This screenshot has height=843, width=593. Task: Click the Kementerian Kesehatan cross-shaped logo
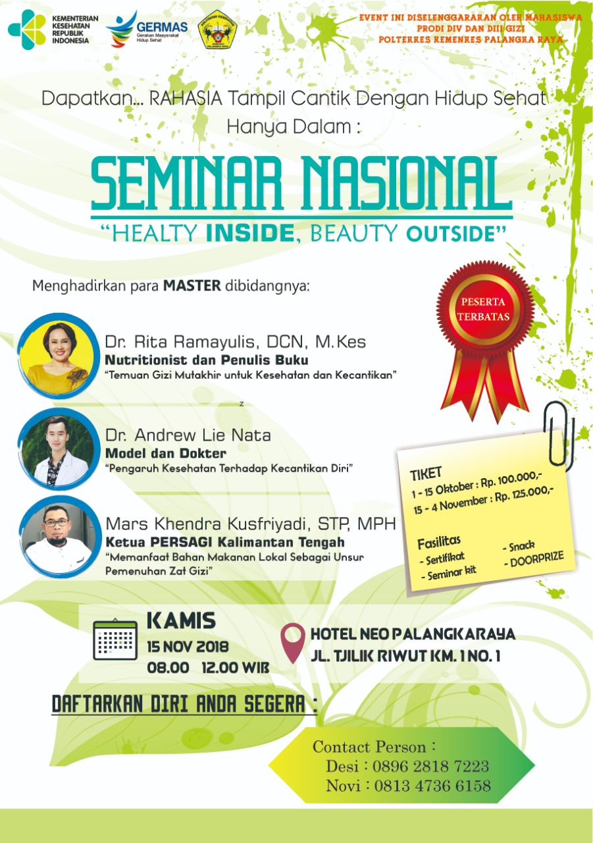click(x=27, y=30)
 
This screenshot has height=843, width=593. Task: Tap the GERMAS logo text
click(x=162, y=27)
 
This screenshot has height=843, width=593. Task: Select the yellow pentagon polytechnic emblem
click(x=217, y=30)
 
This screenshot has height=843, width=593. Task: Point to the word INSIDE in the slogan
click(x=251, y=233)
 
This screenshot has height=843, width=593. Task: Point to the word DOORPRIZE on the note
click(x=536, y=558)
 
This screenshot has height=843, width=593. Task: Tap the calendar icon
click(x=115, y=639)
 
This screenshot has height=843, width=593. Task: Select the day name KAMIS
click(x=181, y=620)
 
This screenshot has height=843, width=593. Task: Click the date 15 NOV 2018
click(x=188, y=647)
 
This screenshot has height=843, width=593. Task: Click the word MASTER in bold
click(x=192, y=286)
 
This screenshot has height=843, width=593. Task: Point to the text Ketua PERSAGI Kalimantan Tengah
click(x=225, y=542)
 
